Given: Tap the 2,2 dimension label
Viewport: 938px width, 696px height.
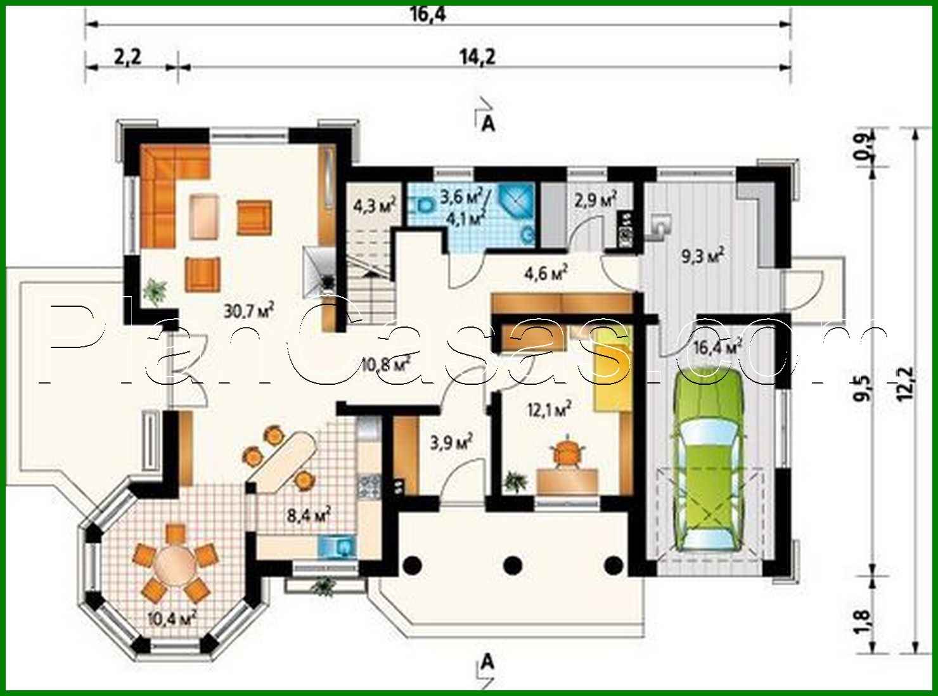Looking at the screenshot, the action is tap(128, 56).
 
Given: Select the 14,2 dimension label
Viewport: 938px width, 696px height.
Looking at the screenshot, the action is tap(477, 56).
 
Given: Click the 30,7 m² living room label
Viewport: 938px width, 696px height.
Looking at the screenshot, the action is tap(248, 311).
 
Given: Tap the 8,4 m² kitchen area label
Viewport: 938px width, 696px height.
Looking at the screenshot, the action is tap(309, 515).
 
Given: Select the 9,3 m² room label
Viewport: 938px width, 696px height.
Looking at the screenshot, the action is tap(702, 256).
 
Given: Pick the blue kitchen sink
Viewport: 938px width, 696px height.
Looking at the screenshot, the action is tap(337, 546).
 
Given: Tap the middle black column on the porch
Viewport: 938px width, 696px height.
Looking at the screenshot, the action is tap(513, 564).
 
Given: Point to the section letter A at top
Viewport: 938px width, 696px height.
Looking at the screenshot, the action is tap(489, 124).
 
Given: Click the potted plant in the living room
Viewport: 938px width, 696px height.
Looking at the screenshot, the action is tap(155, 292).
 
